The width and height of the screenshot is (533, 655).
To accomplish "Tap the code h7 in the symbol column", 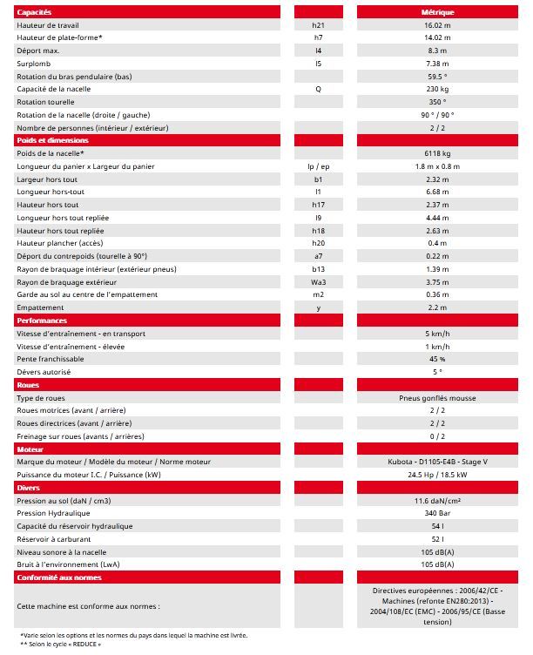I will coord(317,37).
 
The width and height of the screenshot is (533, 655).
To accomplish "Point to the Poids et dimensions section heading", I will coord(52,140).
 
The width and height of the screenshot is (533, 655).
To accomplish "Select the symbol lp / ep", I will coord(318,166).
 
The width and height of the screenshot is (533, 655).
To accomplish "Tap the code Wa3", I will coord(318,281).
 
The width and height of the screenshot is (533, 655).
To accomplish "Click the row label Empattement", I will coord(41,307).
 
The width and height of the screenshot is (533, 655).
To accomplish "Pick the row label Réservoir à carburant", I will coord(54,538).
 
